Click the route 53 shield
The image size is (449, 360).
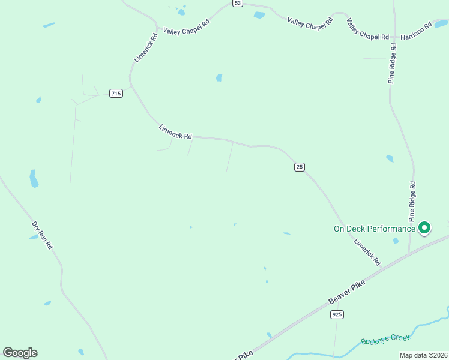pyautogui.click(x=238, y=3)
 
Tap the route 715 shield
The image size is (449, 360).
pyautogui.click(x=116, y=93)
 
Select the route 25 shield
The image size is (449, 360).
pyautogui.click(x=300, y=166)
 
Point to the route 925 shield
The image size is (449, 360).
pyautogui.click(x=337, y=314)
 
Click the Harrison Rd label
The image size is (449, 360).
pyautogui.click(x=417, y=32)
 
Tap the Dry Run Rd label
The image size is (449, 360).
pyautogui.click(x=43, y=235)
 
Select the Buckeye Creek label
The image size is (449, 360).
pyautogui.click(x=386, y=340)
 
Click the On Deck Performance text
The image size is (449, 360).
pyautogui.click(x=374, y=229)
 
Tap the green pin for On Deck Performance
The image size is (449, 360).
pyautogui.click(x=424, y=227)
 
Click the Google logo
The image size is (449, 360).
pyautogui.click(x=20, y=353)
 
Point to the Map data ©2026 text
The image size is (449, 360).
pyautogui.click(x=424, y=355)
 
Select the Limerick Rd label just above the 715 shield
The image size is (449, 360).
pyautogui.click(x=146, y=47)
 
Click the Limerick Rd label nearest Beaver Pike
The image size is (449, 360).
pyautogui.click(x=367, y=253)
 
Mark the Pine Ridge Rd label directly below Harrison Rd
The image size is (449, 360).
pyautogui.click(x=393, y=62)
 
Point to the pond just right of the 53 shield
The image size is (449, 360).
pyautogui.click(x=259, y=16)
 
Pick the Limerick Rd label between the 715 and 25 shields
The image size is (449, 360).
pyautogui.click(x=175, y=131)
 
